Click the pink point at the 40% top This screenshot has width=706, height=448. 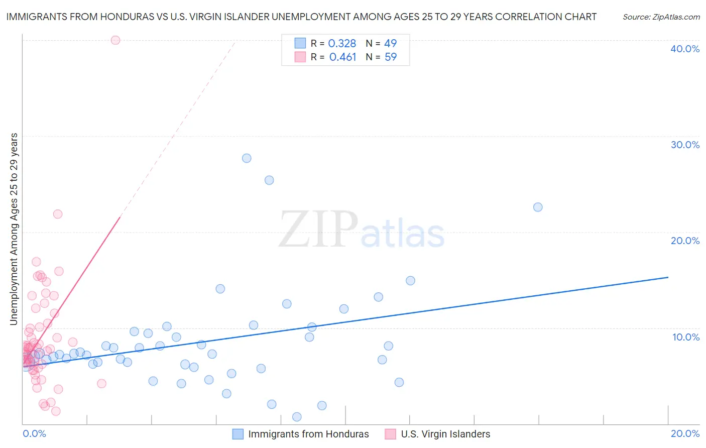[115, 40]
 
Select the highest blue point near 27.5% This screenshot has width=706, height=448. [247, 158]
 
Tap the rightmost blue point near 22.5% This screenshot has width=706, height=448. [538, 207]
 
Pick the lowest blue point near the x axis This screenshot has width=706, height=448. [297, 417]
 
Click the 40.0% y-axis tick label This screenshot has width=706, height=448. [685, 49]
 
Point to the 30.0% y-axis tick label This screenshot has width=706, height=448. [685, 145]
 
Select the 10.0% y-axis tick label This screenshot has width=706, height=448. [686, 337]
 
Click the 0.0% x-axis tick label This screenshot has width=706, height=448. [35, 433]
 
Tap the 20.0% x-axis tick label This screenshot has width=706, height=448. [685, 433]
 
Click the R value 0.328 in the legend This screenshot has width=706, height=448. [342, 44]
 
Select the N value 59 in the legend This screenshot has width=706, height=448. [391, 57]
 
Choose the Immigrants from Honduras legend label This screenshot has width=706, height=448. [308, 434]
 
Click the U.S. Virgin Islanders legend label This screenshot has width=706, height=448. [445, 434]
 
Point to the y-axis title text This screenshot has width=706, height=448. [14, 229]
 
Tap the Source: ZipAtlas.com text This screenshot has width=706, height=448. [661, 17]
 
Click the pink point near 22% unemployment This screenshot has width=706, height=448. [58, 214]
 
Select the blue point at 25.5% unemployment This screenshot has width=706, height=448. [269, 180]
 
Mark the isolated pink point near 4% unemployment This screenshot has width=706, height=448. [101, 384]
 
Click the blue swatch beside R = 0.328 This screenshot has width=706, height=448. [300, 43]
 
